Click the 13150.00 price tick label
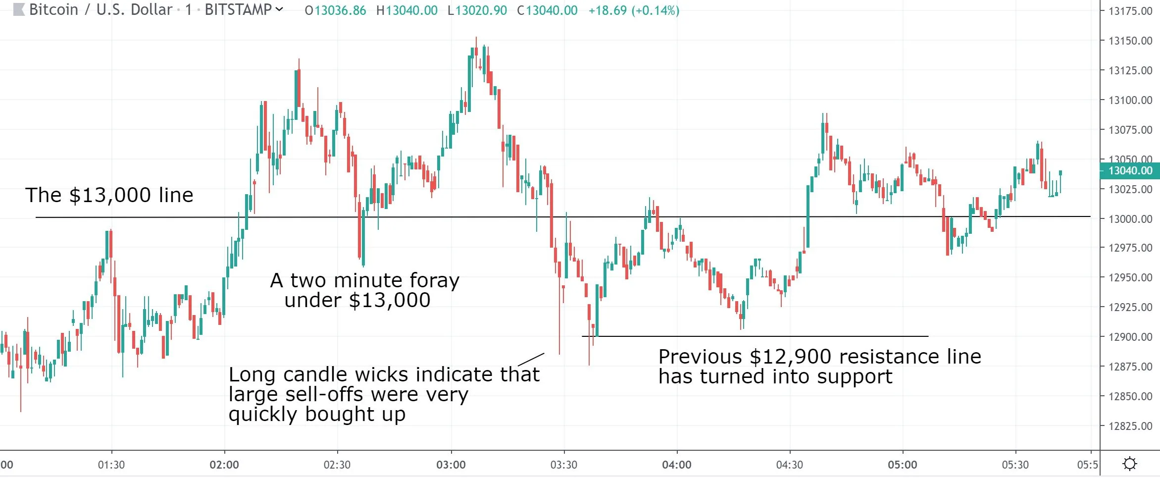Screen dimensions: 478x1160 coord(1130,41)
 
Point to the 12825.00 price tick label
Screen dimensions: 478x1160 coord(1130,426)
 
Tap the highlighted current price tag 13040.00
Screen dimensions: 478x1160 coord(1130,171)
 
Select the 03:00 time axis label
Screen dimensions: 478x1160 coord(451,465)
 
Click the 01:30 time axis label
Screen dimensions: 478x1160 coord(111,465)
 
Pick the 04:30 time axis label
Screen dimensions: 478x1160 coord(790,465)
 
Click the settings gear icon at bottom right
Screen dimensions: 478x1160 coord(1130,464)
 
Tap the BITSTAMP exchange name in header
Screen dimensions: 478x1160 coord(238,10)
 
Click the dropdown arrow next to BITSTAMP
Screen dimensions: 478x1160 coord(279,9)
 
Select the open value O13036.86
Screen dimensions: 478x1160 coord(335,10)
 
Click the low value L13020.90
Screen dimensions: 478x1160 coord(477,10)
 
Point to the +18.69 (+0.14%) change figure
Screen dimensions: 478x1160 coord(634,10)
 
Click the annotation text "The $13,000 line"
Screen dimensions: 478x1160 coord(109,195)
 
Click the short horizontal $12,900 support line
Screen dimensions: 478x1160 coord(755,336)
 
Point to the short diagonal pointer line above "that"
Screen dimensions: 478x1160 coord(531,359)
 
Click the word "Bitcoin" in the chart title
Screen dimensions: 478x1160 coord(53,10)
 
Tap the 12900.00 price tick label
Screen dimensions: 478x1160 coord(1130,337)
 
